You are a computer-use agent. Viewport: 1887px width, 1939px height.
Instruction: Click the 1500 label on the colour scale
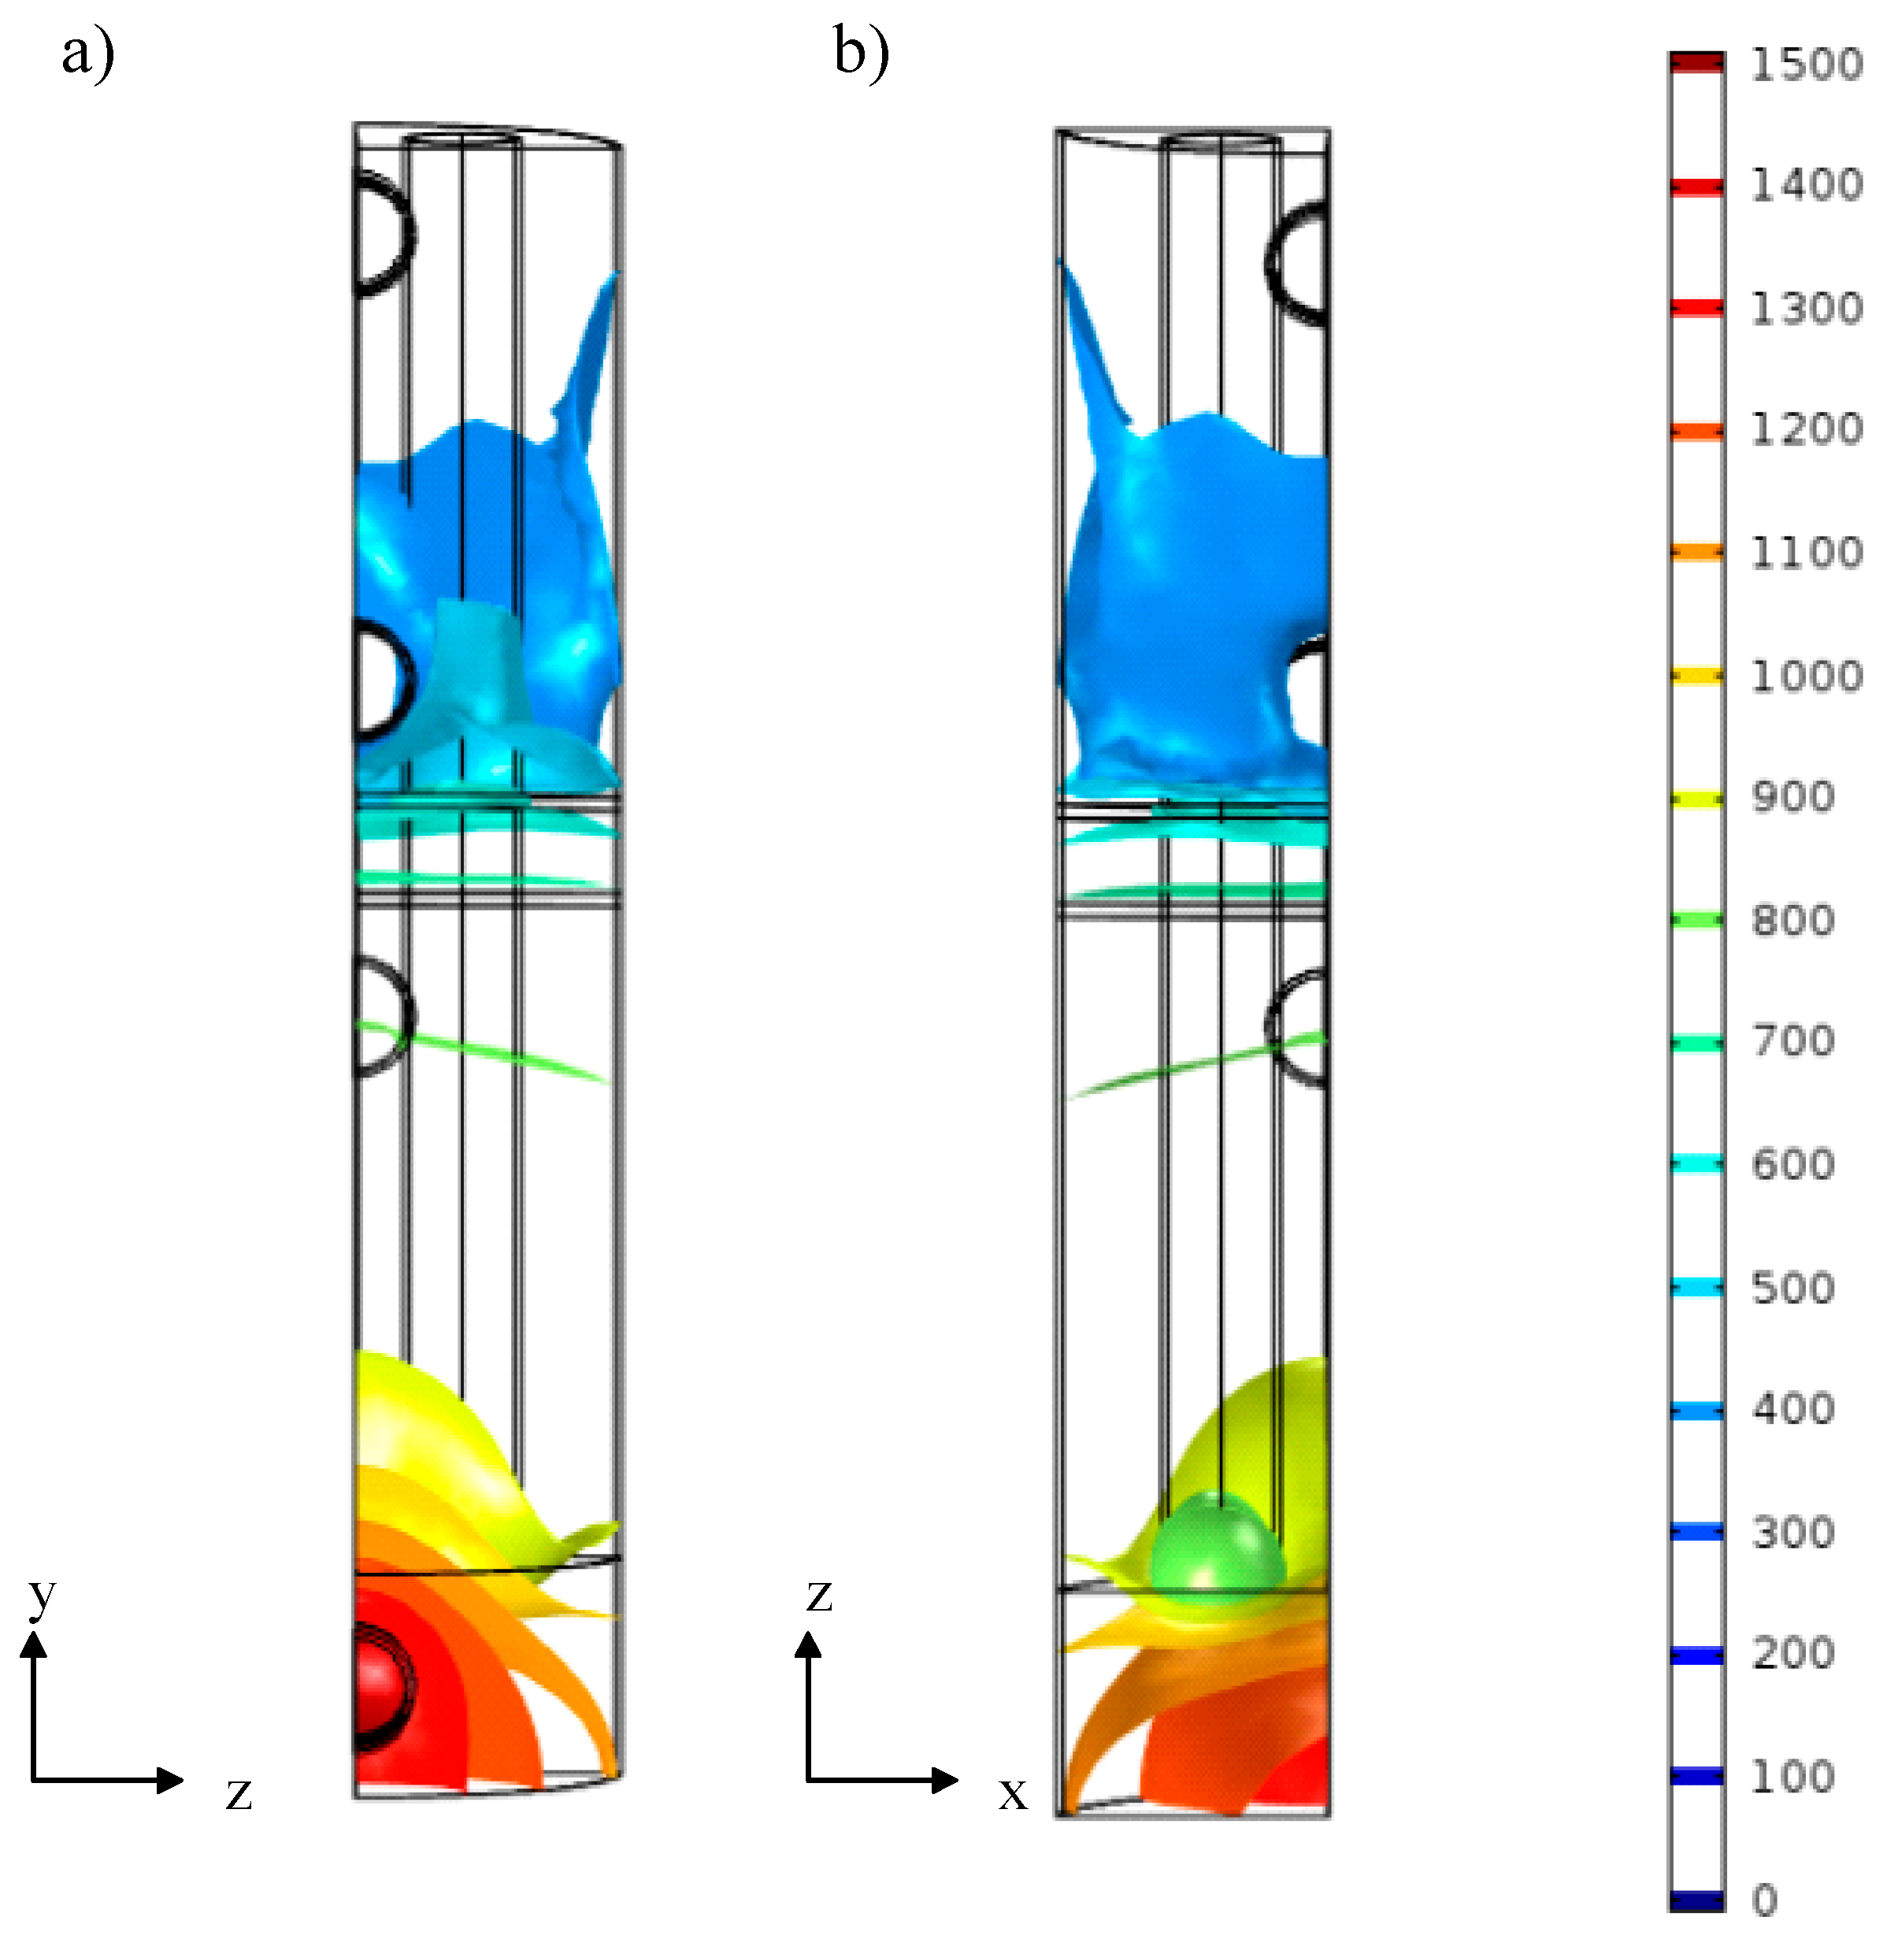[1806, 65]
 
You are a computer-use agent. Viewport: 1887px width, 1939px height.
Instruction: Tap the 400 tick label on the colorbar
[1792, 1409]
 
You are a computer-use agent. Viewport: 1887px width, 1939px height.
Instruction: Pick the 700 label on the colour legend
[1792, 1041]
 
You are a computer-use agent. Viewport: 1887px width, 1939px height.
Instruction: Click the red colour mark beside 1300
[1696, 308]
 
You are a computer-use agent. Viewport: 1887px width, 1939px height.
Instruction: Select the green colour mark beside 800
[1696, 920]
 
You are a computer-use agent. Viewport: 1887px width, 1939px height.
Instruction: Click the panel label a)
[88, 54]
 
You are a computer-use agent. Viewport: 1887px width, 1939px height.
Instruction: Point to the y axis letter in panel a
[42, 1595]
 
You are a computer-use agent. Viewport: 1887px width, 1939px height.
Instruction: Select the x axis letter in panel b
[1012, 1793]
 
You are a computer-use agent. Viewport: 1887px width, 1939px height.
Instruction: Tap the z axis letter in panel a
[239, 1793]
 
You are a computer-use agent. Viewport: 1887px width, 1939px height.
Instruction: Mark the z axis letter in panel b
[818, 1595]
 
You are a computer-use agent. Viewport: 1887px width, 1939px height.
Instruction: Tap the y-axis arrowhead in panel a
[35, 1645]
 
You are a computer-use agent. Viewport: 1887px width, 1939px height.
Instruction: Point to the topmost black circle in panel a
[381, 234]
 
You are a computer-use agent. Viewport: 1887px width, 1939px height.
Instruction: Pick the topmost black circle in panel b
[1299, 263]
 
